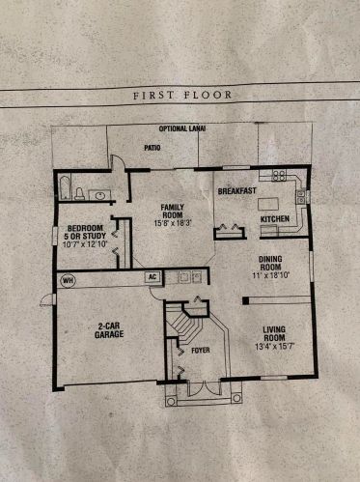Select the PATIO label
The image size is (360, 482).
[x=152, y=148]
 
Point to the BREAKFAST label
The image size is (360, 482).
[x=236, y=190]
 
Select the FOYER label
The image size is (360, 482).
[x=200, y=351]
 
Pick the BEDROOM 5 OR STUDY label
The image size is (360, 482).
[x=80, y=236]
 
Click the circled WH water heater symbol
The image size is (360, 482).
[x=68, y=280]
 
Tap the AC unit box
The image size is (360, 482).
[x=151, y=276]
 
